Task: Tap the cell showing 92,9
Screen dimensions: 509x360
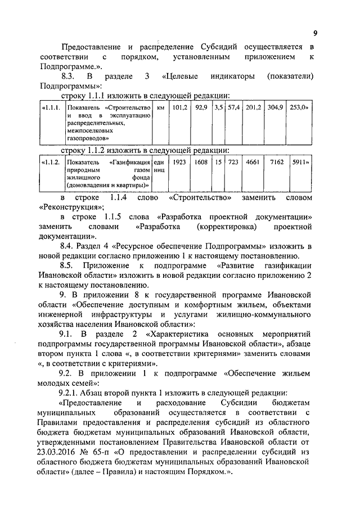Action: pos(201,107)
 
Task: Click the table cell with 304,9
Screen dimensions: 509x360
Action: pos(275,107)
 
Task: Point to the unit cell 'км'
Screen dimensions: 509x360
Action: pos(161,107)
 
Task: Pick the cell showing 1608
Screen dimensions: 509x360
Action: pos(201,161)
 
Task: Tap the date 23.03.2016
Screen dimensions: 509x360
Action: pos(61,452)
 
